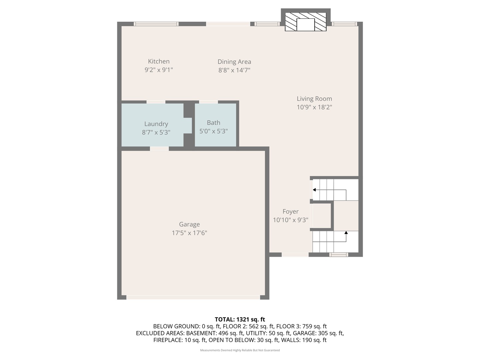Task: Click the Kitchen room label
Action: pos(159,61)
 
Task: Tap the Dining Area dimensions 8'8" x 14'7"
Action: pos(234,70)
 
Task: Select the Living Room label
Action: pos(314,99)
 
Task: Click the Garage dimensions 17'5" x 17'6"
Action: pos(189,233)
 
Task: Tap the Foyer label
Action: pos(290,212)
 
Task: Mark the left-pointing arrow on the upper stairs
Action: pos(314,190)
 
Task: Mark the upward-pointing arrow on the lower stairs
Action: pos(346,232)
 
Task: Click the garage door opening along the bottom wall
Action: pos(193,297)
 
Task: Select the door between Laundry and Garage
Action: pos(159,149)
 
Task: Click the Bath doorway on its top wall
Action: pos(208,102)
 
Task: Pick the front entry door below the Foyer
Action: pos(295,255)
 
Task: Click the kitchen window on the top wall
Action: pos(156,24)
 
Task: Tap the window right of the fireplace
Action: pos(344,24)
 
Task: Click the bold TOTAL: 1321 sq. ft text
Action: pos(240,319)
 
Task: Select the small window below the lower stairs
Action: pos(339,255)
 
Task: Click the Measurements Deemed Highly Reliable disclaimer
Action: pos(240,350)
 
